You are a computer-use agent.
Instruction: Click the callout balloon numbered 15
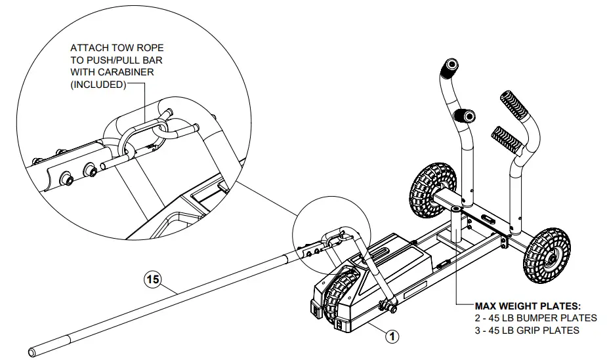(x=152, y=280)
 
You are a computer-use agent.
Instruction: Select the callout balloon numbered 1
(x=391, y=336)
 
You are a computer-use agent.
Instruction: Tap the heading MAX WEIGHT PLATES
(x=527, y=306)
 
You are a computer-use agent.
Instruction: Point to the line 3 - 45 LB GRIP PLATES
(x=527, y=330)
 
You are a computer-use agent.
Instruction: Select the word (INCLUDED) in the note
(x=98, y=84)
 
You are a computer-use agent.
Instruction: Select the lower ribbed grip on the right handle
(x=503, y=137)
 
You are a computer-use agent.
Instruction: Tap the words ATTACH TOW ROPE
(x=117, y=49)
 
